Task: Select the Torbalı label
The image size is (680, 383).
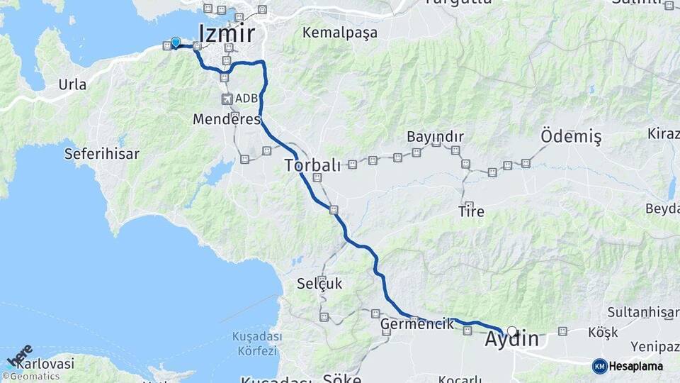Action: click(x=312, y=165)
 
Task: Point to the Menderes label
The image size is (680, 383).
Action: click(x=227, y=119)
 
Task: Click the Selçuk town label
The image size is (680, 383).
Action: click(x=319, y=284)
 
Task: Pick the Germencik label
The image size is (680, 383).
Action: click(x=417, y=324)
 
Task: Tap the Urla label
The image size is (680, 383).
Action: click(x=72, y=84)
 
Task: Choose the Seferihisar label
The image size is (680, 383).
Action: click(x=101, y=153)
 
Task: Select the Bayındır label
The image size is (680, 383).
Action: click(x=435, y=136)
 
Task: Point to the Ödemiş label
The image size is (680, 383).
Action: click(x=571, y=135)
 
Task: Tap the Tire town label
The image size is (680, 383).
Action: click(x=471, y=211)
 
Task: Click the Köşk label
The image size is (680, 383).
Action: click(x=603, y=332)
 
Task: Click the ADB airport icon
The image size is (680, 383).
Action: click(x=227, y=99)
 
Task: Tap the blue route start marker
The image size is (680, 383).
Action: click(x=176, y=43)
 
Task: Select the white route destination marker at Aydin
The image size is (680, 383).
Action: click(x=512, y=331)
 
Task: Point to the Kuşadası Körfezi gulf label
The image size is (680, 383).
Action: click(x=256, y=343)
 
